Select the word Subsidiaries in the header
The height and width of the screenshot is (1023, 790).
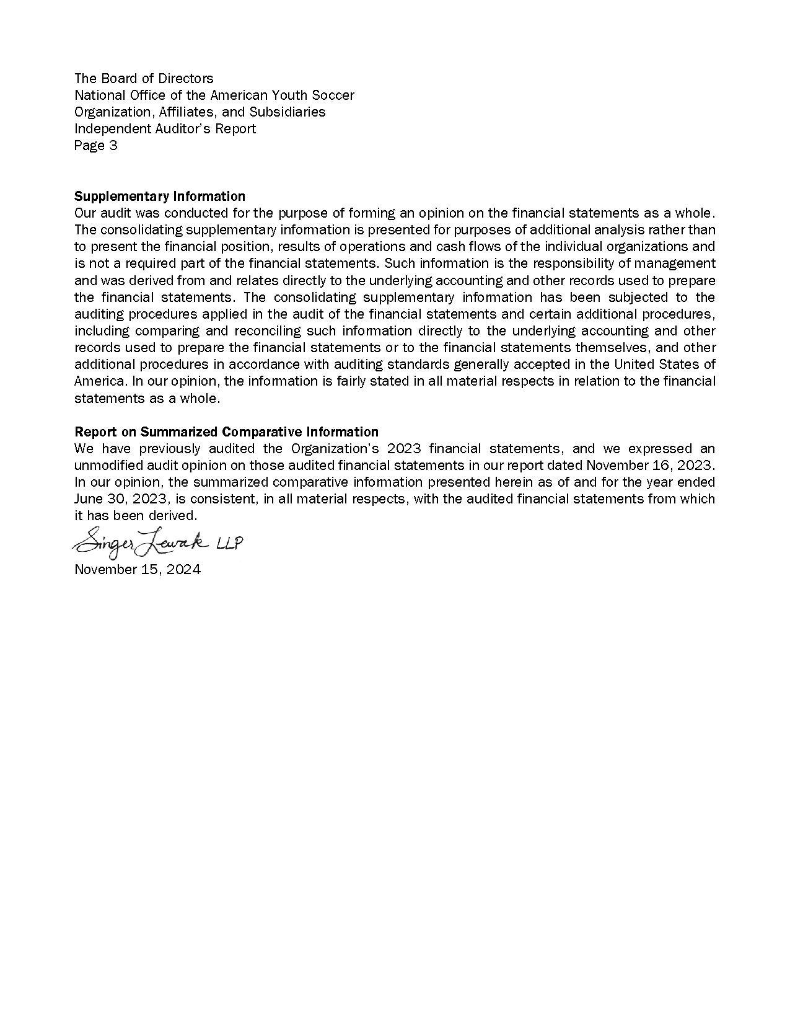287,112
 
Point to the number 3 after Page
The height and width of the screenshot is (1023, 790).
113,146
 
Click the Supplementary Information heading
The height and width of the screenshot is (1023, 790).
160,197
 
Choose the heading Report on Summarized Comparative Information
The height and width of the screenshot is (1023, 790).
226,432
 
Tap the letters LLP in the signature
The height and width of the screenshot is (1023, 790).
229,544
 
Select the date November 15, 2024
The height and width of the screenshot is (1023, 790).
138,570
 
